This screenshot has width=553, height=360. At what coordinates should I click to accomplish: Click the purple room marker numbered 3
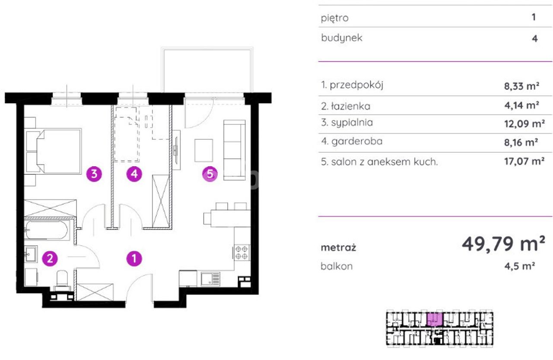[x=94, y=174]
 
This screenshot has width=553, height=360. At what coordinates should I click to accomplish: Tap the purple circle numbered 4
[x=134, y=174]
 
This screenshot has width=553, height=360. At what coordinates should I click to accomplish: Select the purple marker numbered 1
[x=134, y=259]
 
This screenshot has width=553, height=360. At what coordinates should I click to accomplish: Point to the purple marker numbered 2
[x=50, y=259]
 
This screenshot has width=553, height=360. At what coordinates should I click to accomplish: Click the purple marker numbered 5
[x=210, y=174]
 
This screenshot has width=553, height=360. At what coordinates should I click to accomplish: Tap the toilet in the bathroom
[x=62, y=281]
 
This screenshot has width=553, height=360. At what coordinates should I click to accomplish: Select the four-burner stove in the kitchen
[x=242, y=253]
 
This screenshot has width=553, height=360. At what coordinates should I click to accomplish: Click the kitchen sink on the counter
[x=210, y=279]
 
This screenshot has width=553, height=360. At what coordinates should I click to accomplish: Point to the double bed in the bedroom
[x=54, y=151]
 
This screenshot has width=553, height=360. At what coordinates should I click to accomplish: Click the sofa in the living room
[x=235, y=150]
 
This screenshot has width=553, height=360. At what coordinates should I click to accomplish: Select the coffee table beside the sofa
[x=203, y=150]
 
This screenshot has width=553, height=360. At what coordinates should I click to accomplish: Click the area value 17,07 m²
[x=524, y=161]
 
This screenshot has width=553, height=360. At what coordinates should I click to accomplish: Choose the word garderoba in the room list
[x=357, y=141]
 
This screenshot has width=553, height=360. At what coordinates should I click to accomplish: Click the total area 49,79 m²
[x=503, y=244]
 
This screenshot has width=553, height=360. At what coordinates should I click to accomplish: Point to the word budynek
[x=342, y=38]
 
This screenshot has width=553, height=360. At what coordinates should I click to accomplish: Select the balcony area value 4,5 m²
[x=519, y=266]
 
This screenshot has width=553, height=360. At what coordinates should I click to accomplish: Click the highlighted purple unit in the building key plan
[x=434, y=319]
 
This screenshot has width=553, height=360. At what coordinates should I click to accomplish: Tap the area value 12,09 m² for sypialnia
[x=524, y=123]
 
